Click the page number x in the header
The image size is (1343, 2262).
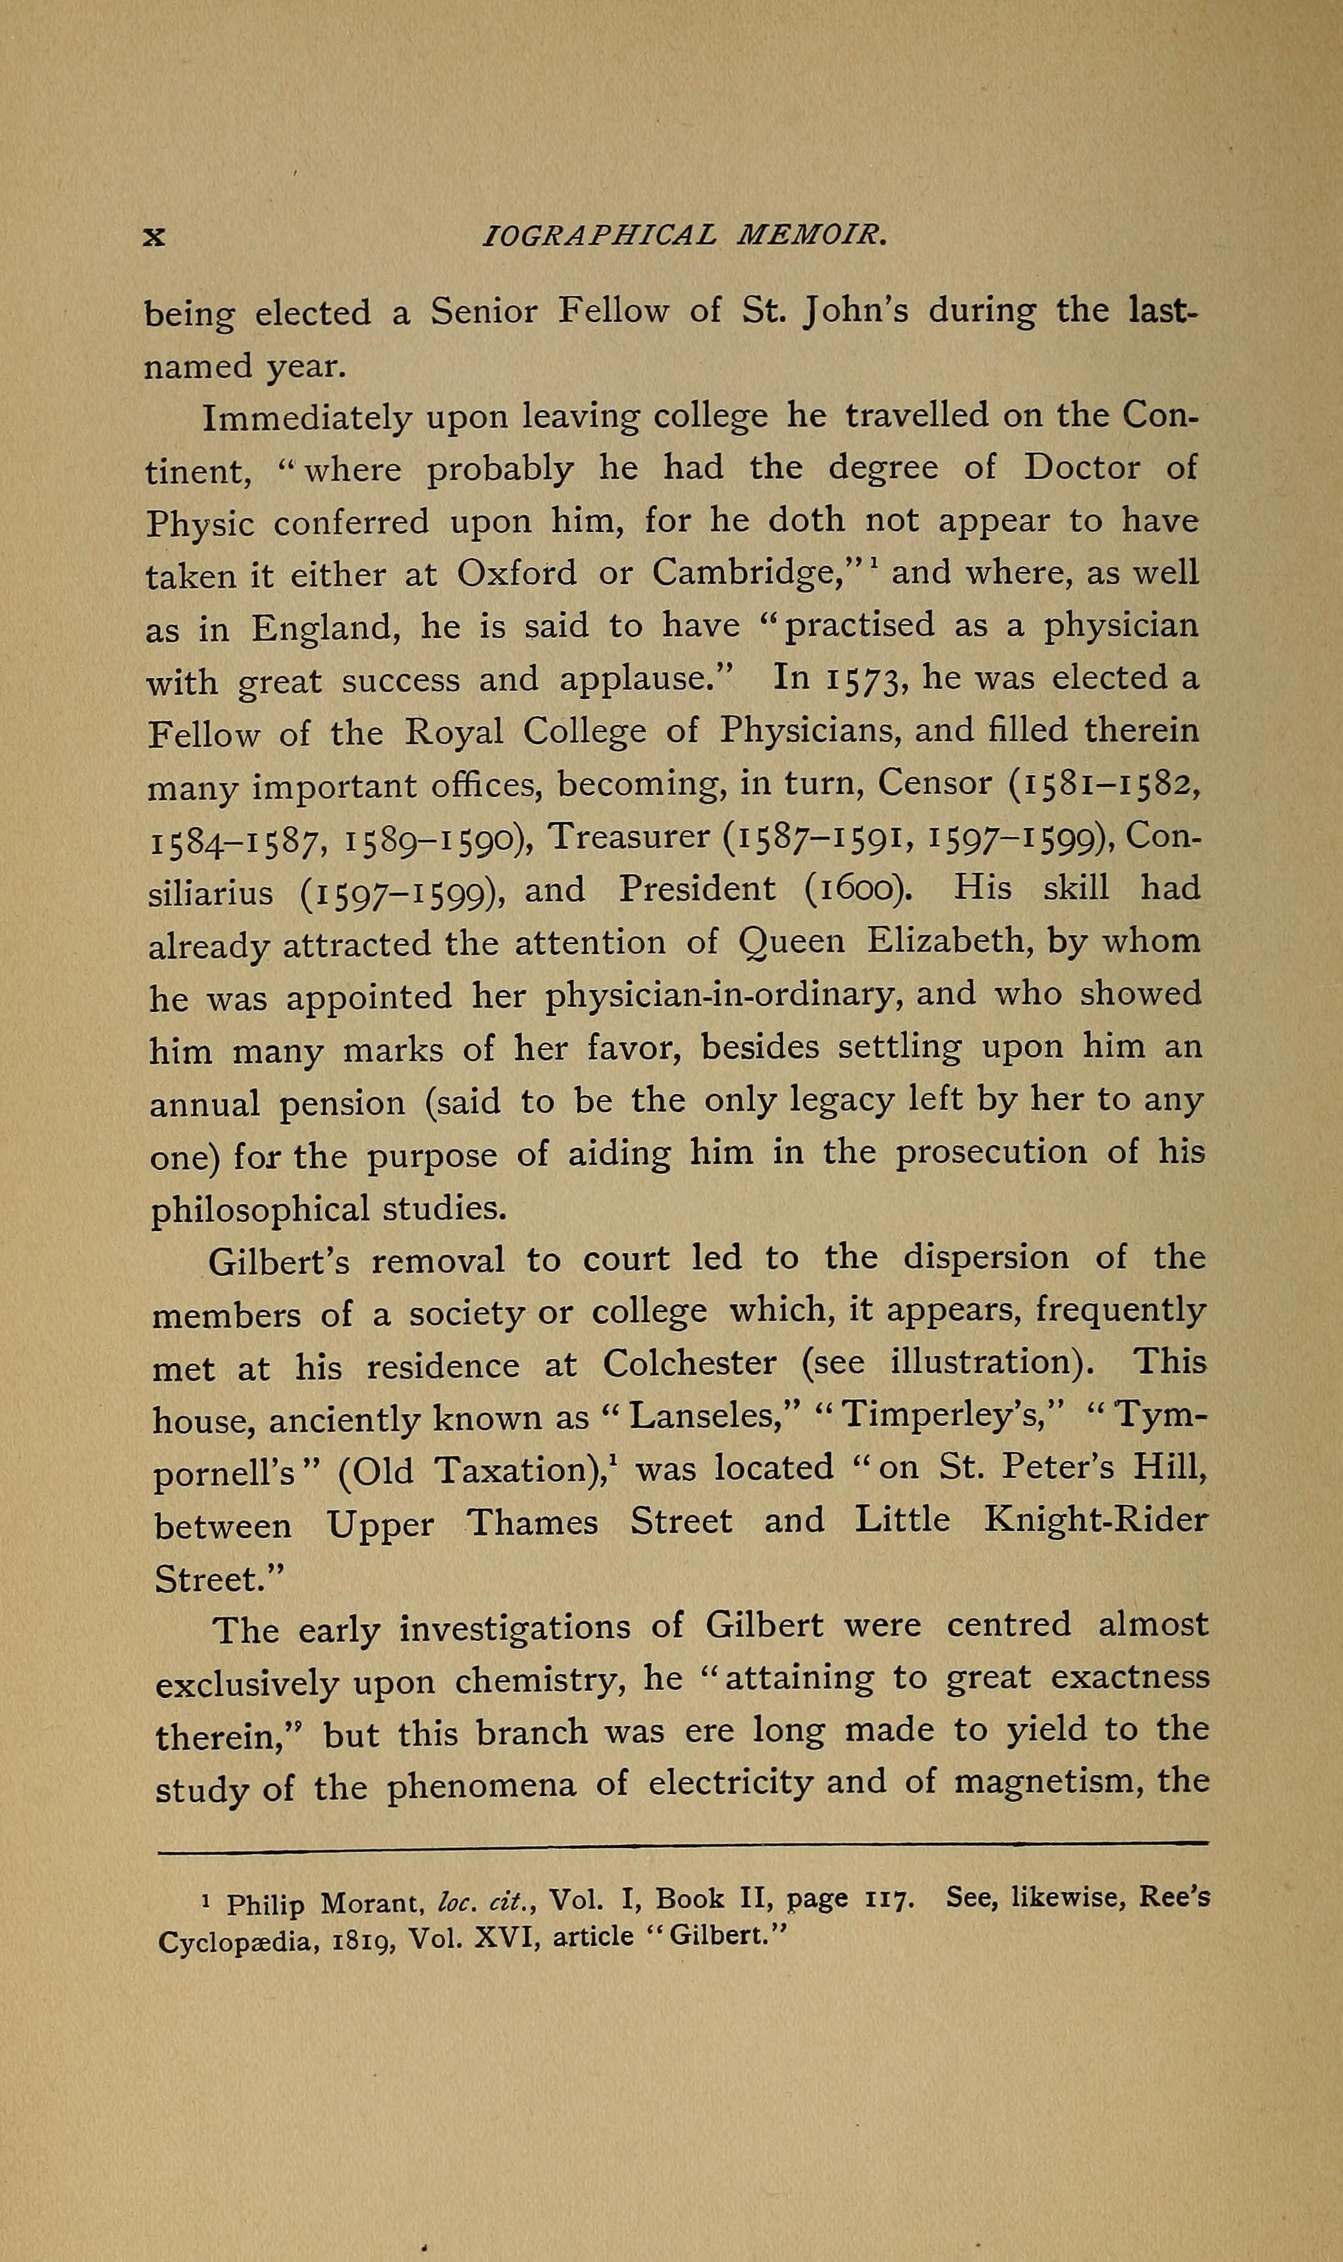click(155, 237)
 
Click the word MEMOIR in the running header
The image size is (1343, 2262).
click(812, 236)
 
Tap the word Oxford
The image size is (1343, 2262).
click(517, 573)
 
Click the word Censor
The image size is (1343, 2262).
click(935, 783)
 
